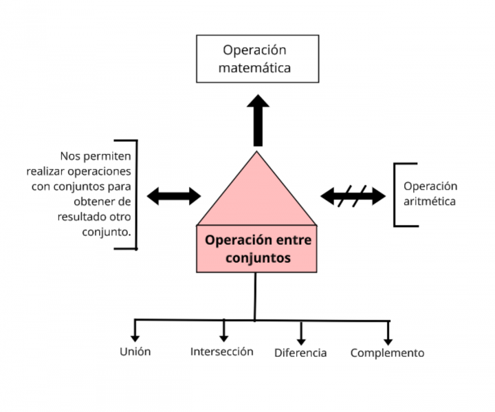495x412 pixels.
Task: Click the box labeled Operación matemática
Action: tap(258, 58)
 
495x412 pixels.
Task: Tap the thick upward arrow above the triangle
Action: tap(258, 118)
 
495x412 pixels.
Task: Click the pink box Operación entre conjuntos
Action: tap(256, 249)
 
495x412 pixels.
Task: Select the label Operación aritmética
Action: tap(430, 194)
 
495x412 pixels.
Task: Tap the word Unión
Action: tap(135, 351)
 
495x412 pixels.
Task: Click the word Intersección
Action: tap(221, 351)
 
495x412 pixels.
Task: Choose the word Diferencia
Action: tap(300, 353)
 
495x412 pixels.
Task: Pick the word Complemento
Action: tap(387, 353)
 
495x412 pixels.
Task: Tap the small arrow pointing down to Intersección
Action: tap(223, 331)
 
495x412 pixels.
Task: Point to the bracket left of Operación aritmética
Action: tap(397, 195)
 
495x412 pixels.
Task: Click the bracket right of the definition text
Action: tap(135, 194)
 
